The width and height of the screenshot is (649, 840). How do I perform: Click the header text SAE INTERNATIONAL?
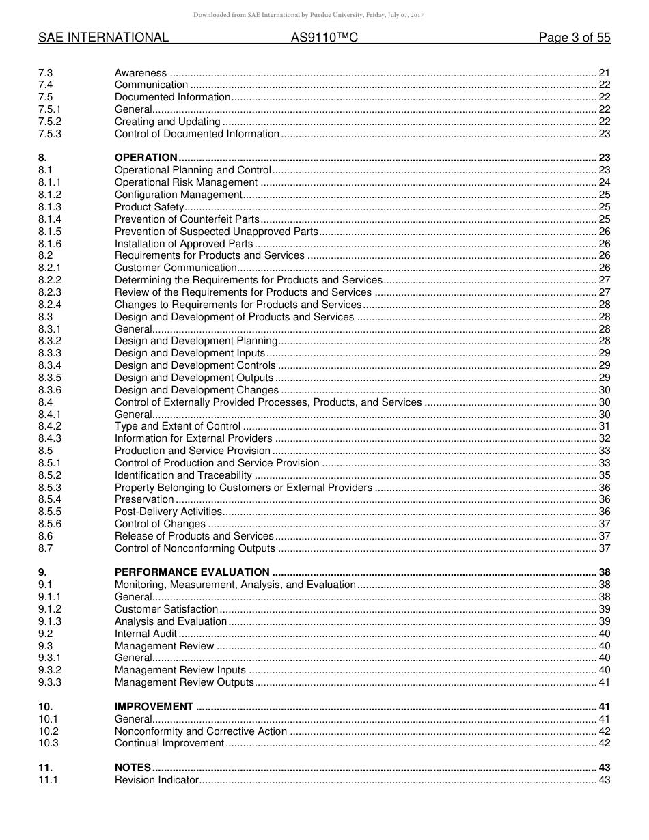pos(103,38)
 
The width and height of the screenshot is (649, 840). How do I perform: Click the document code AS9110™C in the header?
pos(324,38)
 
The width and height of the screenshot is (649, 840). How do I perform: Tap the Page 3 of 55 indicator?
pos(575,38)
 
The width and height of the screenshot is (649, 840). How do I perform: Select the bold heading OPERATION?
pos(146,158)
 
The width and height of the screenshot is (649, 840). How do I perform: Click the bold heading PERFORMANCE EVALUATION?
pos(192,572)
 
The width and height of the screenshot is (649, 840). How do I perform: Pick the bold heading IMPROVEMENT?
pos(154,707)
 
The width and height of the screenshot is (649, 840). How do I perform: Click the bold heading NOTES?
pos(133,768)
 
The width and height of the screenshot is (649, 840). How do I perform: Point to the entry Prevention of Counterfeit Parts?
pos(187,219)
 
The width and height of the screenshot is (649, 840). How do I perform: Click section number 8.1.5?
pos(50,232)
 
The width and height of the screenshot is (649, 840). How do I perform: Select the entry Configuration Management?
pos(178,195)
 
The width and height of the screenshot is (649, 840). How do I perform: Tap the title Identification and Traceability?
pos(183,475)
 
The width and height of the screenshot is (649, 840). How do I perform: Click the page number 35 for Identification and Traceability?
pos(604,475)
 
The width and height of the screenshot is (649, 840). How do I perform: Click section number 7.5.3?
pos(50,134)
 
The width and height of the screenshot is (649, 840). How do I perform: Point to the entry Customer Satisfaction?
pos(166,609)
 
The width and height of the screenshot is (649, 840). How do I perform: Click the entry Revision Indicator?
pos(156,780)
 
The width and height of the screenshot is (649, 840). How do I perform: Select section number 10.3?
pos(49,743)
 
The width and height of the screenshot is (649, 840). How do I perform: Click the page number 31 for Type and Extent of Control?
pos(604,426)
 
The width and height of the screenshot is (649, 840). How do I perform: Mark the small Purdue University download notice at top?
pos(308,15)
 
